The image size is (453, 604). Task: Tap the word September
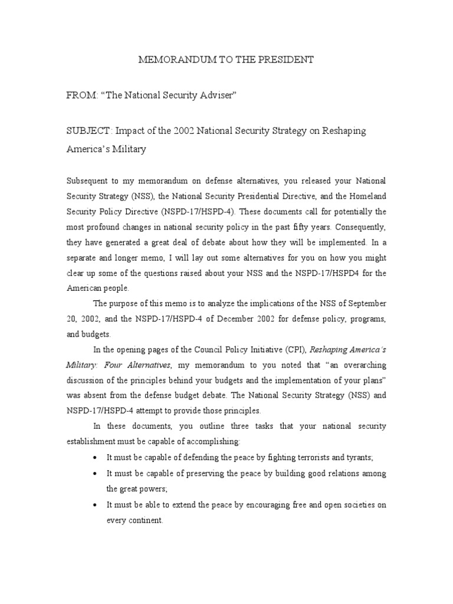(x=366, y=303)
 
